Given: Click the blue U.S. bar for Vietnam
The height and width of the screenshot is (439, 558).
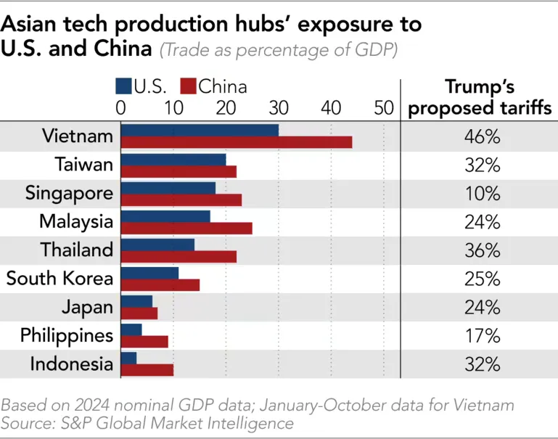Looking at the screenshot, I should tap(199, 130).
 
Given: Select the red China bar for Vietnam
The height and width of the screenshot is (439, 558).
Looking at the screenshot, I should tap(236, 142).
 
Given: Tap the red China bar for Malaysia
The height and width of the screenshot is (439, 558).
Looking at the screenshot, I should tap(186, 228).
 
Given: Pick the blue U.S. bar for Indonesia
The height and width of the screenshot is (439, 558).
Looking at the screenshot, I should tap(128, 358).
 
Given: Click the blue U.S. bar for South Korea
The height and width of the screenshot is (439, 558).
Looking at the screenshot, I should tap(149, 273).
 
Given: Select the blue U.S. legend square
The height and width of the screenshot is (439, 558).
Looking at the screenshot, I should tap(123, 87).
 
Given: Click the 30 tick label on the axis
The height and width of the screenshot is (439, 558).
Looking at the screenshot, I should tap(279, 107).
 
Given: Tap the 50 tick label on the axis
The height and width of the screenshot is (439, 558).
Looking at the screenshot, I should tap(383, 107).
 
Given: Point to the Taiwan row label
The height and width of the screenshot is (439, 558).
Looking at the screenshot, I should tap(84, 165).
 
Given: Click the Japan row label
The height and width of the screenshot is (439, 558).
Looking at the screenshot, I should tap(88, 307).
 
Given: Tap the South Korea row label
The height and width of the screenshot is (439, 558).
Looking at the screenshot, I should tap(60, 279).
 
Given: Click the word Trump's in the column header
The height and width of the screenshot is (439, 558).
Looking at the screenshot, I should tap(480, 88).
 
